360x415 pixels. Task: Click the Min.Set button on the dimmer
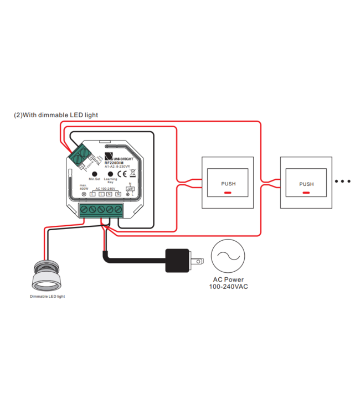click(x=94, y=173)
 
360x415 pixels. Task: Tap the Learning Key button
click(x=110, y=173)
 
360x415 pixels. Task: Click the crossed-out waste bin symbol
click(x=133, y=173)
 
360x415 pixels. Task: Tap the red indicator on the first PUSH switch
click(x=228, y=192)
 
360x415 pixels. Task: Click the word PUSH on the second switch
click(x=306, y=184)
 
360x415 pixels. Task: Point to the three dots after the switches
click(x=343, y=181)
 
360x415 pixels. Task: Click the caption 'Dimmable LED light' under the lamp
click(x=47, y=297)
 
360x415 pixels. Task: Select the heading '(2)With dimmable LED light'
click(x=56, y=115)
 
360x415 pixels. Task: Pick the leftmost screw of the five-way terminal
click(x=84, y=210)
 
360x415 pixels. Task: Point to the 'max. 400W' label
click(x=84, y=187)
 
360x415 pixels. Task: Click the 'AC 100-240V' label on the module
click(x=105, y=188)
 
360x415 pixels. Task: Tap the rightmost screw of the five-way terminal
click(x=117, y=210)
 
